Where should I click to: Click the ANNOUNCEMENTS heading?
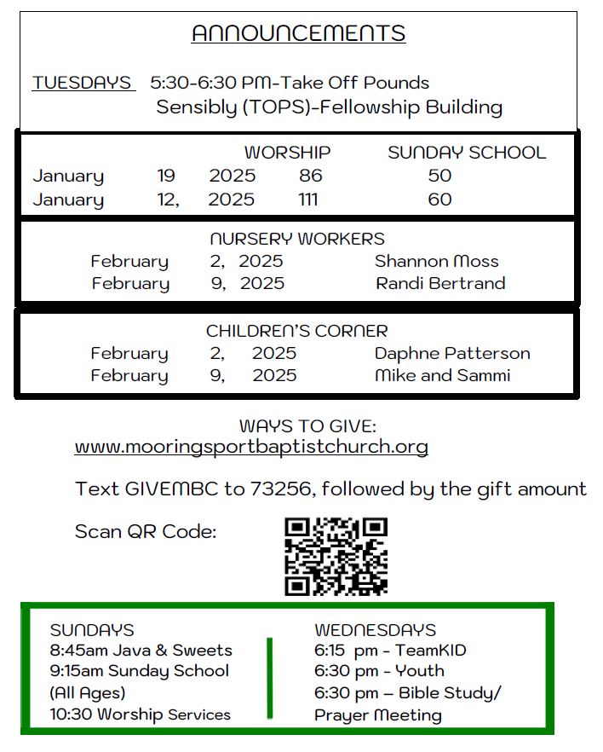[298, 33]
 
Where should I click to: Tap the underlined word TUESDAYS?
[83, 83]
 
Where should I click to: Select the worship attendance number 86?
[311, 176]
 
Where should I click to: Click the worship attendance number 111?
[308, 200]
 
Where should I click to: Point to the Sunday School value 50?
[439, 176]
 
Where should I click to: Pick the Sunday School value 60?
[439, 200]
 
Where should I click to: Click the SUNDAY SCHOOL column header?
[467, 153]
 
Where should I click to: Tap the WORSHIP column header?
[287, 153]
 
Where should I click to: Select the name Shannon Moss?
[436, 262]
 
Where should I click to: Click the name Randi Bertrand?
[440, 283]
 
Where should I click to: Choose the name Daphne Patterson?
[452, 353]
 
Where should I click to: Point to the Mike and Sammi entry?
[442, 375]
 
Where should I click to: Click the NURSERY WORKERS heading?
[297, 239]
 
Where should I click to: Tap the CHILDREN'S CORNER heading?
[296, 331]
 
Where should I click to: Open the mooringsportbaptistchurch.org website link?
[251, 447]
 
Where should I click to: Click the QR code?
[336, 556]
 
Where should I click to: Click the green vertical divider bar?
[270, 678]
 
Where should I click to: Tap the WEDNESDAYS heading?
[375, 630]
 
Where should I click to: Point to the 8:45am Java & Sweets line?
[141, 651]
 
